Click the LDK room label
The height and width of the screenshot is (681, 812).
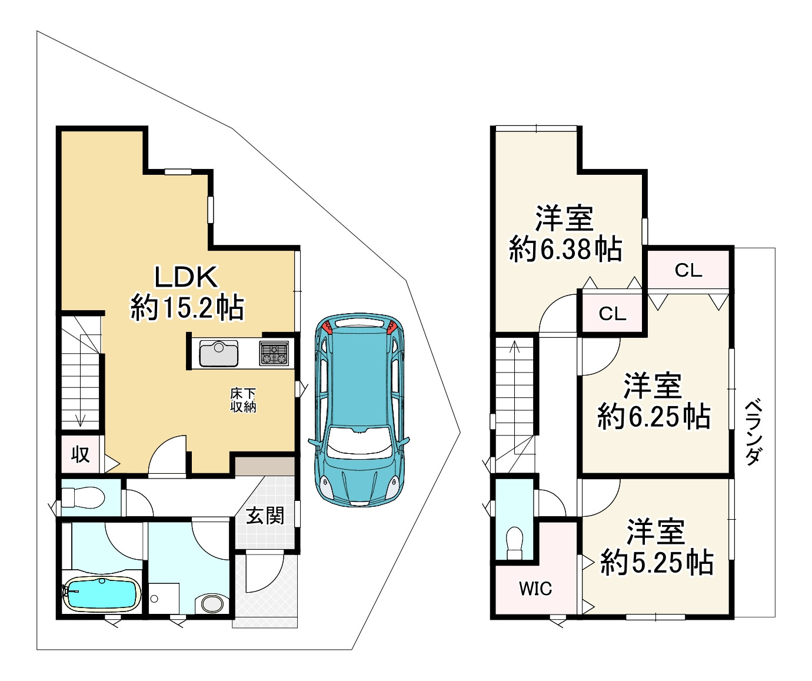click(x=186, y=277)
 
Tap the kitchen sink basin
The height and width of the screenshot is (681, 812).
click(x=218, y=353)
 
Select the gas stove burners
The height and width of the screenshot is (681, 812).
click(x=274, y=353)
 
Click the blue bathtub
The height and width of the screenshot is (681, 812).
click(x=102, y=593)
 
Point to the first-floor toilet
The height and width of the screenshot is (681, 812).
click(x=83, y=498)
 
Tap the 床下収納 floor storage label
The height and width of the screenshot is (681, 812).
click(x=243, y=400)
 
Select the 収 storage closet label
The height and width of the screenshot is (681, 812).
click(x=81, y=454)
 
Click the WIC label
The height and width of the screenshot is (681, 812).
click(x=535, y=589)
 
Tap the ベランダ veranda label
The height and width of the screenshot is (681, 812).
click(x=754, y=432)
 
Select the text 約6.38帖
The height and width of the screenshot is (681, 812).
click(x=566, y=248)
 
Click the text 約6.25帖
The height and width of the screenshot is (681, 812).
click(x=654, y=417)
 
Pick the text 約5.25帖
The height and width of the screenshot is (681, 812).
click(x=657, y=563)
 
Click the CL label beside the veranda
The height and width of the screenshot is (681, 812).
click(x=688, y=270)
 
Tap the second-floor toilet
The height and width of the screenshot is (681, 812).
click(x=514, y=543)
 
